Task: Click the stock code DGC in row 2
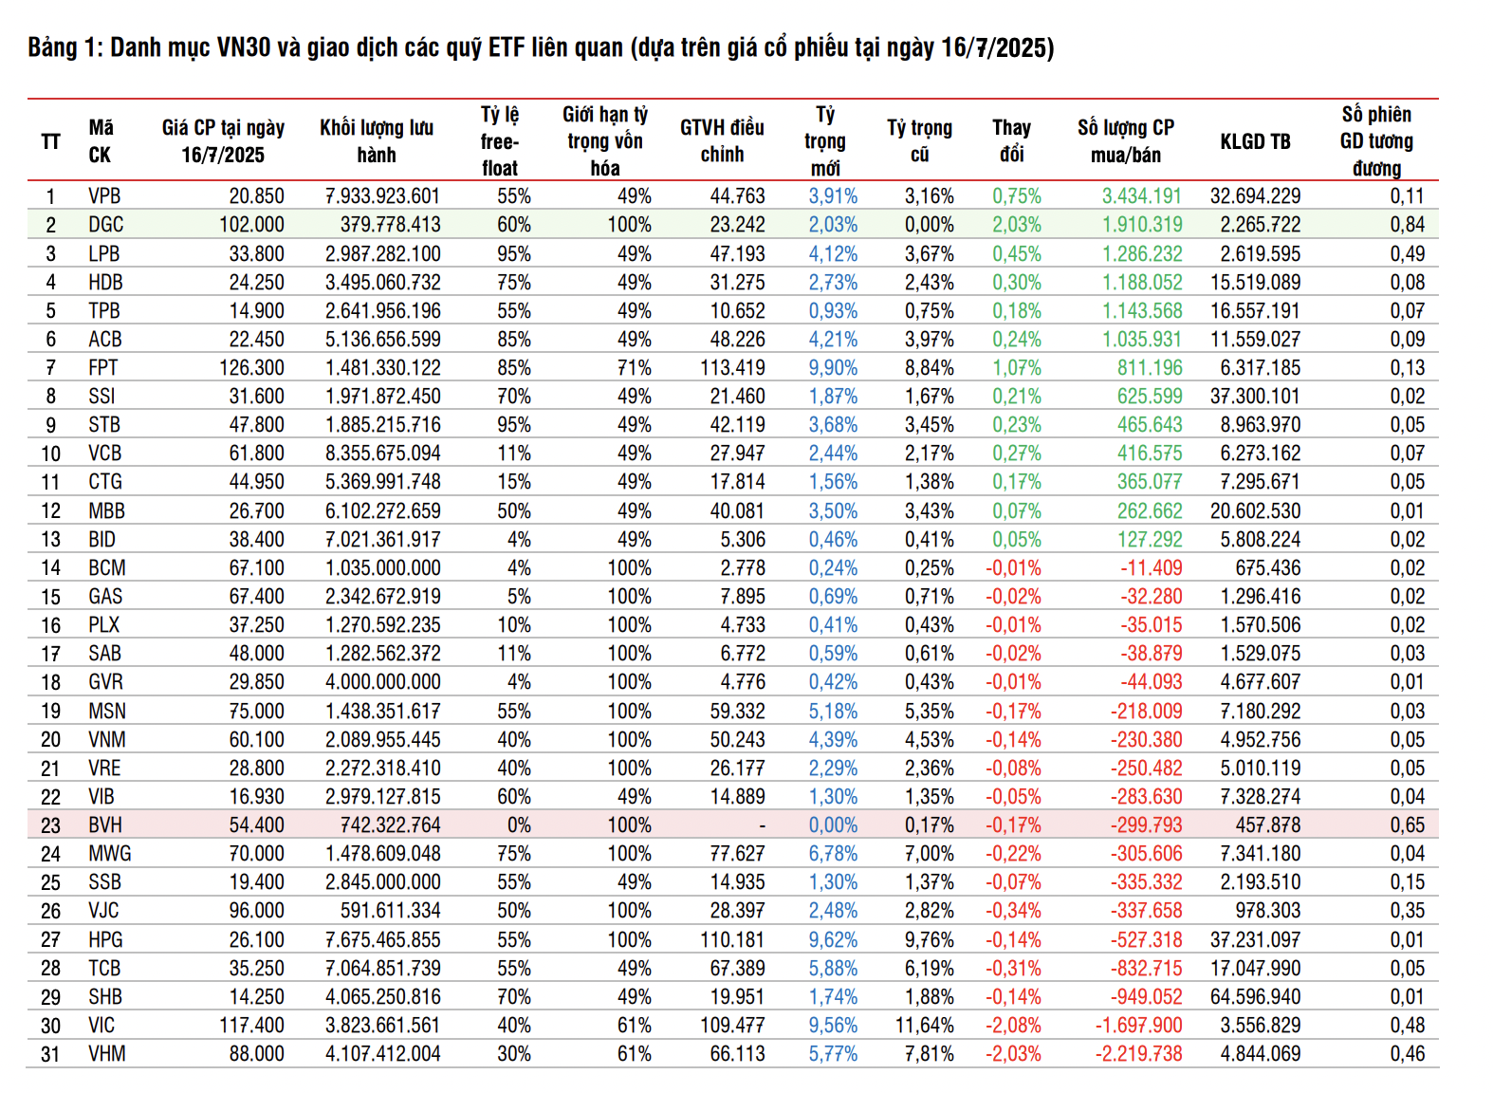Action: [x=105, y=225]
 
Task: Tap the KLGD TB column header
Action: [x=1255, y=141]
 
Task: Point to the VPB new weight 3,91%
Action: [x=833, y=196]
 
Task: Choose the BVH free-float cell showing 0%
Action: [x=518, y=825]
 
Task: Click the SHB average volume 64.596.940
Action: [x=1255, y=997]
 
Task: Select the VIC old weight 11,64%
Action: [x=924, y=1026]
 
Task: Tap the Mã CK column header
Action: [x=101, y=141]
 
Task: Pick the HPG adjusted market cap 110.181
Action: [x=731, y=940]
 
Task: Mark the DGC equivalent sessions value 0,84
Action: [x=1407, y=225]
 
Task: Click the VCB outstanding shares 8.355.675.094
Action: [x=382, y=454]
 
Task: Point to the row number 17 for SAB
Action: [x=50, y=654]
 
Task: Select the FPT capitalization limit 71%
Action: [x=634, y=368]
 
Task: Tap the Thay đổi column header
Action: [x=1011, y=141]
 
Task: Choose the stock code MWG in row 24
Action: [x=110, y=854]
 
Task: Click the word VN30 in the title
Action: [x=244, y=47]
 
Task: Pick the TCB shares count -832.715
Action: [x=1146, y=969]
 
